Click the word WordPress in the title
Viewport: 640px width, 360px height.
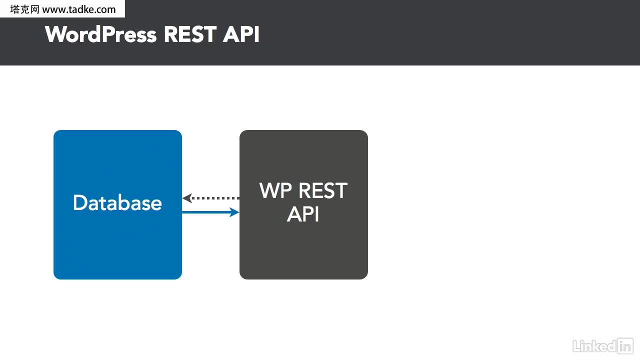[101, 34]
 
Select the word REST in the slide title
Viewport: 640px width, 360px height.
[190, 34]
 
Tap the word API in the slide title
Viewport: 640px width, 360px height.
[241, 34]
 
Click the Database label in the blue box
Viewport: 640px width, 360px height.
[117, 202]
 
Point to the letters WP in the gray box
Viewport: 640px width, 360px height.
[275, 190]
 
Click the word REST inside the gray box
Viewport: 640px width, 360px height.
[323, 190]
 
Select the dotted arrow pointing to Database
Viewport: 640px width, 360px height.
[211, 198]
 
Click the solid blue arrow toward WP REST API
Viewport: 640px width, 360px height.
[210, 212]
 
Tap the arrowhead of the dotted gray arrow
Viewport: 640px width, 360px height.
[187, 198]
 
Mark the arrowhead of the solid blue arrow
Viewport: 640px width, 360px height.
[234, 212]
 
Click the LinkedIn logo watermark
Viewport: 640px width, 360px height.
[603, 346]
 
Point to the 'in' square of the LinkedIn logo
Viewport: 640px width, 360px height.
[625, 346]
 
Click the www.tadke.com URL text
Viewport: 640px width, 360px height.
[79, 9]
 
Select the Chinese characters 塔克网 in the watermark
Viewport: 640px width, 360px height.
[24, 9]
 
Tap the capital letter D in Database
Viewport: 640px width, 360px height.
[79, 202]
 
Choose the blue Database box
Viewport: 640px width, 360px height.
[117, 204]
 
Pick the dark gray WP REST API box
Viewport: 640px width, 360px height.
[303, 204]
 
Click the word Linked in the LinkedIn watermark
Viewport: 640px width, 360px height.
[594, 346]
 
